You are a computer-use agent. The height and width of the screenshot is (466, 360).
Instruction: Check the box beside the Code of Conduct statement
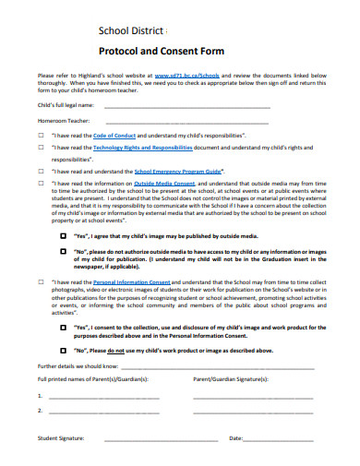coord(41,135)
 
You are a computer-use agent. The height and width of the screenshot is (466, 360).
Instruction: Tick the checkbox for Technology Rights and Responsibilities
coord(41,147)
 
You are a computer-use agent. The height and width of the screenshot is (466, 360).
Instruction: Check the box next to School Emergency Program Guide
coord(41,171)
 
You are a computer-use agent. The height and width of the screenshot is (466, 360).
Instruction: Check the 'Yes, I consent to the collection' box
coord(64,327)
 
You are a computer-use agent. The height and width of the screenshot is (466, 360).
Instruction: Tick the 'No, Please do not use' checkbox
coord(64,350)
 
